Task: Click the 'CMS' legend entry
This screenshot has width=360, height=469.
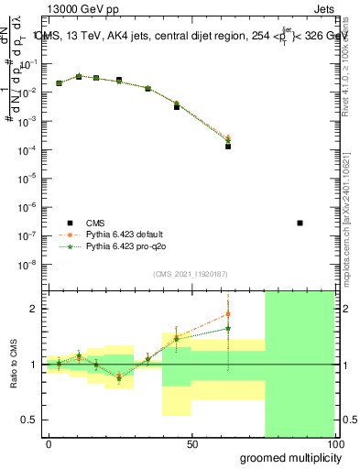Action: [x=95, y=223]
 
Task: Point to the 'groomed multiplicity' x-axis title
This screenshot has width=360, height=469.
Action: [x=286, y=457]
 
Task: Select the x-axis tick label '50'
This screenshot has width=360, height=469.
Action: [x=191, y=444]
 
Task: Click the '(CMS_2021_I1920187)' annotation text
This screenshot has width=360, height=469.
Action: [x=190, y=274]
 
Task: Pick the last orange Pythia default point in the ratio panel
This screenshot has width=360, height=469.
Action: [x=227, y=314]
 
